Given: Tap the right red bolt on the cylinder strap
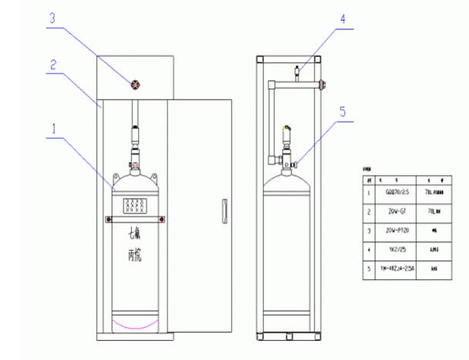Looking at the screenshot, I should point(160,220).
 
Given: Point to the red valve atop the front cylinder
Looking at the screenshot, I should point(136,163).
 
